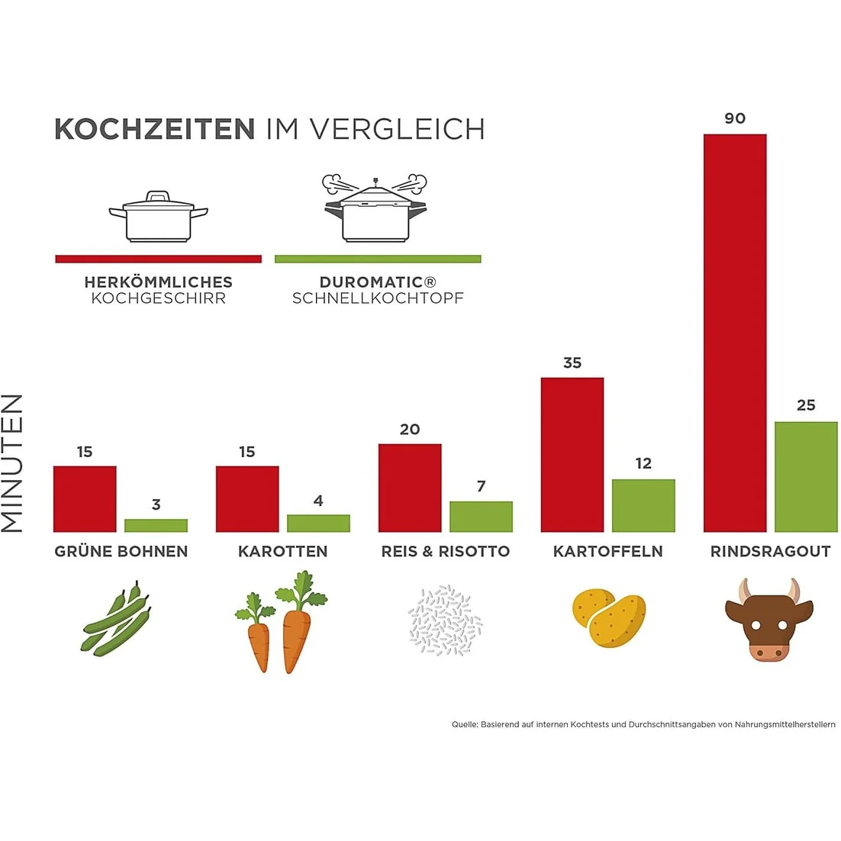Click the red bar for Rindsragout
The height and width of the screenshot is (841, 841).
[x=734, y=333]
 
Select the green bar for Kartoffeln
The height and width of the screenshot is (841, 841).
[x=643, y=505]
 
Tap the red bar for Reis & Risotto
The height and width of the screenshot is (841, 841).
[x=410, y=488]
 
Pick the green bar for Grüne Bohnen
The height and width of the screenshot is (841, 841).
[x=156, y=525]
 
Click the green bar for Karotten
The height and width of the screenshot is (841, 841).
[x=318, y=523]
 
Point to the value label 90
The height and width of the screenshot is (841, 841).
[x=735, y=118]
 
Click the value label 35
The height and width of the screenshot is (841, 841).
[x=572, y=363]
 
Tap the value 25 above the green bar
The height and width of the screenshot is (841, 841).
[x=806, y=405]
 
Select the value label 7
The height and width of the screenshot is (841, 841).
[x=481, y=486]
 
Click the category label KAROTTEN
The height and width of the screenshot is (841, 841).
[x=282, y=551]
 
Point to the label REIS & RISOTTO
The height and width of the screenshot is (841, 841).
[x=446, y=551]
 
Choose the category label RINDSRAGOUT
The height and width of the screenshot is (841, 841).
[x=770, y=551]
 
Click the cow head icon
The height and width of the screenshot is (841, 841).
[x=768, y=618]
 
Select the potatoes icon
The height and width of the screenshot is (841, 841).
[x=609, y=615]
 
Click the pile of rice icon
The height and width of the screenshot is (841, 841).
[x=445, y=620]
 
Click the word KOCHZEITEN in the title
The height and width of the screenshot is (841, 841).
[x=154, y=129]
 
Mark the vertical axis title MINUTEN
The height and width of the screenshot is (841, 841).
[x=13, y=463]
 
